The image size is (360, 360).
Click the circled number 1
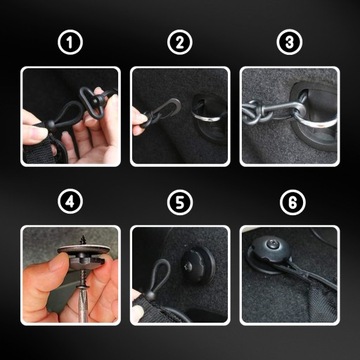pos(70,43)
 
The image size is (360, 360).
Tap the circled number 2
pos(180,43)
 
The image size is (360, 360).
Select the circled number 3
pos(289,43)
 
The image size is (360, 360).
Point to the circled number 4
pos(70,202)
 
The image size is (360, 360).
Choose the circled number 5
pos(180,202)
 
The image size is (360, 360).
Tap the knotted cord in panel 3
pos(254,112)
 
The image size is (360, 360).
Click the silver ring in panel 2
pos(206,117)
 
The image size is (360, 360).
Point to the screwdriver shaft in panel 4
pos(82,303)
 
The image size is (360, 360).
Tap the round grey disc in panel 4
pos(83,250)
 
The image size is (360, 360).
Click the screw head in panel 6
pos(271,244)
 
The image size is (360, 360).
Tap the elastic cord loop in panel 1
pos(64,115)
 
